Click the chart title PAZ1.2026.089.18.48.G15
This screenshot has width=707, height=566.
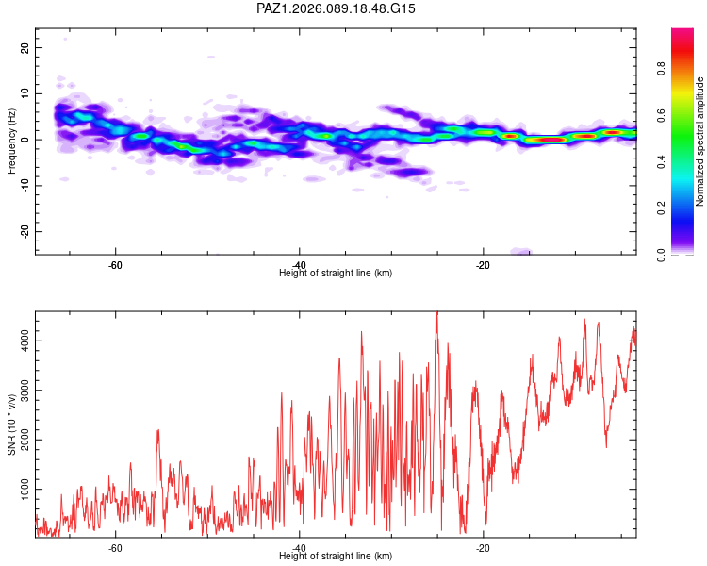click(x=337, y=8)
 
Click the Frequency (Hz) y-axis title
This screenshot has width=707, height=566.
click(x=11, y=141)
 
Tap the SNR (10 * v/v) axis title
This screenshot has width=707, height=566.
click(x=11, y=424)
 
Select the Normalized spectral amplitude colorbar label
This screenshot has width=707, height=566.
click(x=700, y=141)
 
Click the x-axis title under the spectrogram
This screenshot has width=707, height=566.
click(x=336, y=273)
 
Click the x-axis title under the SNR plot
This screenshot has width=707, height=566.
click(x=336, y=557)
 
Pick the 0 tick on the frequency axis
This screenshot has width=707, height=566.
click(x=25, y=140)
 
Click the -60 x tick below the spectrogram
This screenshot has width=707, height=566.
click(x=114, y=264)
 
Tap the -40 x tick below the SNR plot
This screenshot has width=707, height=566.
click(x=298, y=548)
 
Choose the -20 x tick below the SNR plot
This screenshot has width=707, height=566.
click(x=483, y=548)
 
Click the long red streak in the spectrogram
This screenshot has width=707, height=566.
click(x=546, y=140)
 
